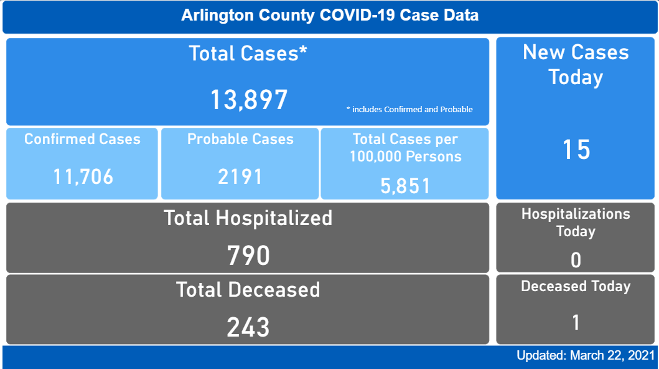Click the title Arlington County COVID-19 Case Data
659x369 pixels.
tap(330, 16)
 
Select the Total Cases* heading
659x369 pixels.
tap(248, 54)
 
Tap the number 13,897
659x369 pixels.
tap(248, 100)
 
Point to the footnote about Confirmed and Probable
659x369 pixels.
tap(409, 110)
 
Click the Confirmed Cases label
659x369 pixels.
tap(82, 139)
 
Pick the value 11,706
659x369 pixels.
tap(83, 177)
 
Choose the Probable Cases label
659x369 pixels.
tap(240, 139)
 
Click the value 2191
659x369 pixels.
tap(240, 177)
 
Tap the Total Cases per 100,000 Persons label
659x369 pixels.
tap(405, 148)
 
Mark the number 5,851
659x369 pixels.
tap(405, 186)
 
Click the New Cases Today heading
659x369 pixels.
tap(576, 65)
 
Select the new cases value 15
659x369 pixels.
tap(576, 150)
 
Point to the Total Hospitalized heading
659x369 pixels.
tap(248, 218)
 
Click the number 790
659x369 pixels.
tap(248, 256)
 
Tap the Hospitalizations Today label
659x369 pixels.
tap(576, 223)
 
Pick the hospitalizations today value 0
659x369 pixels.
tap(576, 260)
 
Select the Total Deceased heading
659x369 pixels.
tap(248, 290)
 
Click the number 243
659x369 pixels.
tap(248, 327)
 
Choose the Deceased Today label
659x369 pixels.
tap(576, 287)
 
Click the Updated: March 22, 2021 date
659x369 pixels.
tap(585, 356)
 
